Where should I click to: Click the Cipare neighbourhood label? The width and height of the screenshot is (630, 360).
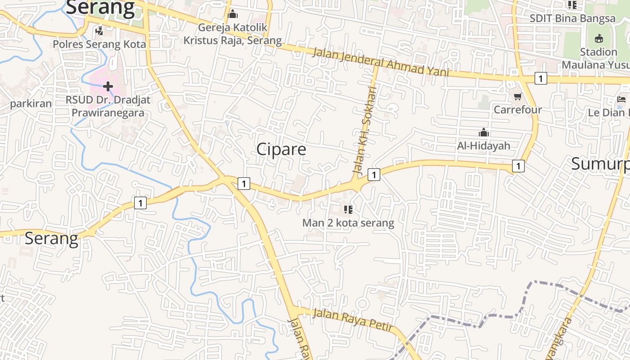coord(281,149)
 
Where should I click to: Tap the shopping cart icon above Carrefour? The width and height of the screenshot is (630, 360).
coord(518,97)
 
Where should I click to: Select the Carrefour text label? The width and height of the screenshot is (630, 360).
coord(517,109)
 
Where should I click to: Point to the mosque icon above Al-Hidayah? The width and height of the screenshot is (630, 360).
coord(484,133)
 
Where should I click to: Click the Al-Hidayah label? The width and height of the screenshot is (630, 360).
coord(484,145)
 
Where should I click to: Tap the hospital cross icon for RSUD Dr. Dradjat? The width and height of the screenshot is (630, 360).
coord(108,86)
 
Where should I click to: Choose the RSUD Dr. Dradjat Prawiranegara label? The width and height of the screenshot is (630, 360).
coord(108,106)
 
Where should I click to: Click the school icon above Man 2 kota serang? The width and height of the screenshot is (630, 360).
coord(348,209)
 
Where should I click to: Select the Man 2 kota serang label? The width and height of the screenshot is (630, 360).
coord(348,223)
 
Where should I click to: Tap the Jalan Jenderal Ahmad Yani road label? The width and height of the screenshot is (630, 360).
coord(381,62)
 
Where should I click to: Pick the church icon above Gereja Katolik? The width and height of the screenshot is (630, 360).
coord(233,14)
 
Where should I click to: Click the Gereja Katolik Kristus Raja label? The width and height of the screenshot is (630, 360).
coord(232,34)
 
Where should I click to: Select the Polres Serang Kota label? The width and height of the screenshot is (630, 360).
coord(99,44)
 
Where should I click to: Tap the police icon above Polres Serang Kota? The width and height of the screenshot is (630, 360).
coord(99,31)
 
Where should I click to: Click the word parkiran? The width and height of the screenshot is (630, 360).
coord(31,103)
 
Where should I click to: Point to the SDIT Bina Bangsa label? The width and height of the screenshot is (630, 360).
coord(572,18)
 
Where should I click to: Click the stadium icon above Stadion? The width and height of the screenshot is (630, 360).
coord(598,39)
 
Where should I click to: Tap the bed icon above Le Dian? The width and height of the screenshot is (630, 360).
coord(622,99)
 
